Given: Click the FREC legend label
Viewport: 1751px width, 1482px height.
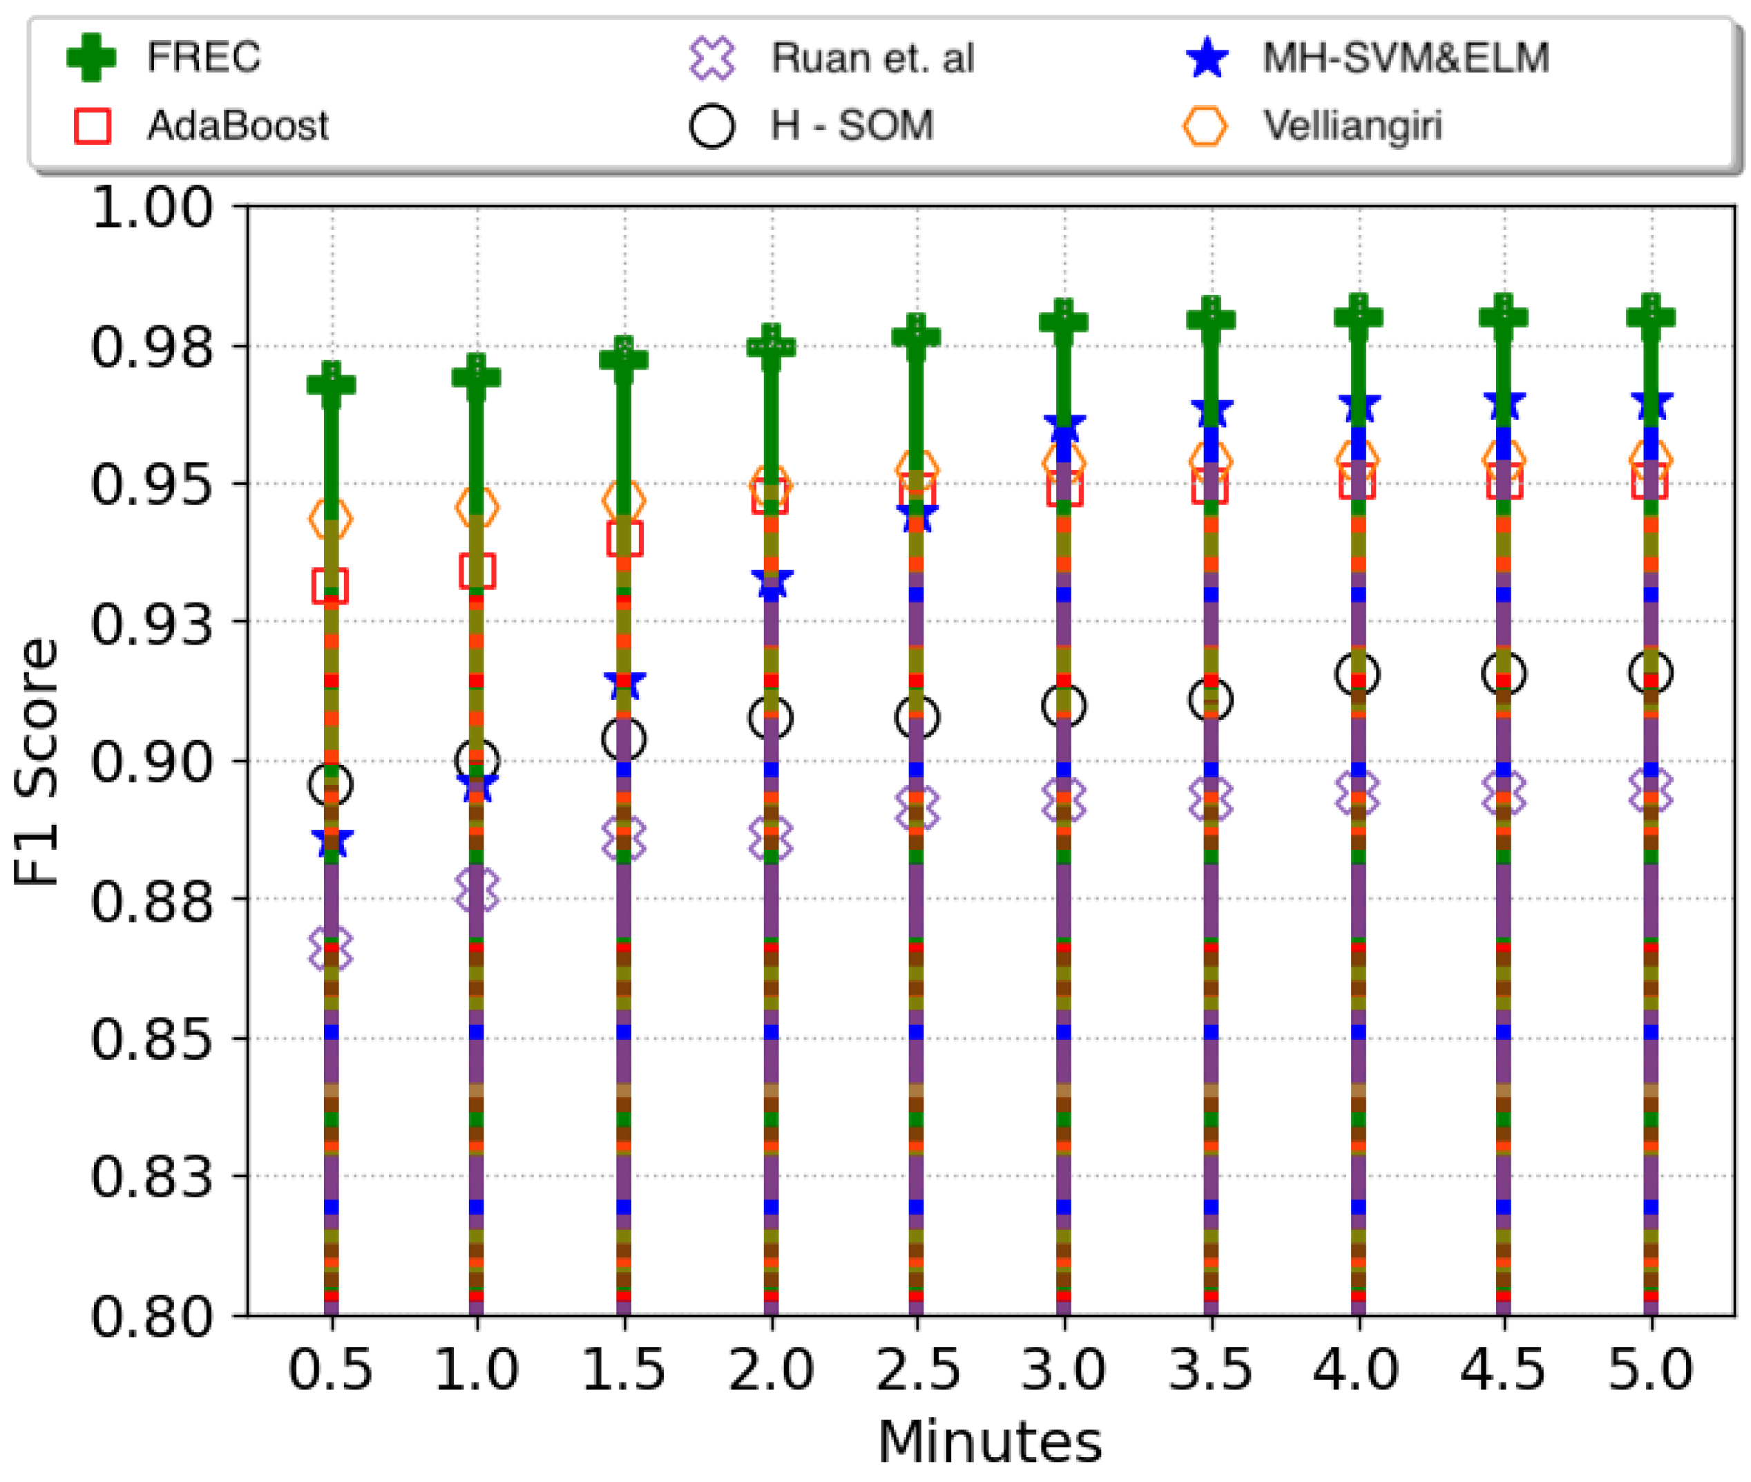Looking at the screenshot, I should tap(203, 58).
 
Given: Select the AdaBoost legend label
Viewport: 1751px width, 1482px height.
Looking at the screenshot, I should tap(238, 126).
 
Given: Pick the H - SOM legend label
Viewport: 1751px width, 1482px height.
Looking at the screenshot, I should tap(852, 126).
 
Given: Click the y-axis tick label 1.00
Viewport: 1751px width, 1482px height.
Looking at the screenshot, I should tap(152, 207).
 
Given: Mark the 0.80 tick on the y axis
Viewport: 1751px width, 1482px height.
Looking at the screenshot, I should tap(152, 1316).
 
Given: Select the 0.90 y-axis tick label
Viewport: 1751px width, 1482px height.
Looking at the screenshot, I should tap(152, 762).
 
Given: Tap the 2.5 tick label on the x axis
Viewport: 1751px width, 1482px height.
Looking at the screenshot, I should tap(917, 1369).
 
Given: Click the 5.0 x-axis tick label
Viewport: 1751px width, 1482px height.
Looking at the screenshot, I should tap(1650, 1369).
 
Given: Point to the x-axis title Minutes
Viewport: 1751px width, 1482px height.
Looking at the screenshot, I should tap(989, 1443).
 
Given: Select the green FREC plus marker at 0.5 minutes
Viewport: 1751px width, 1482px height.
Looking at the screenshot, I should tap(332, 385).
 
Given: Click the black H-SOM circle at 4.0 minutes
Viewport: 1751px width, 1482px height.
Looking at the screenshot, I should tap(1357, 674).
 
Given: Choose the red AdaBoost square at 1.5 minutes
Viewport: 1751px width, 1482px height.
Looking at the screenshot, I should tap(624, 538).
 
